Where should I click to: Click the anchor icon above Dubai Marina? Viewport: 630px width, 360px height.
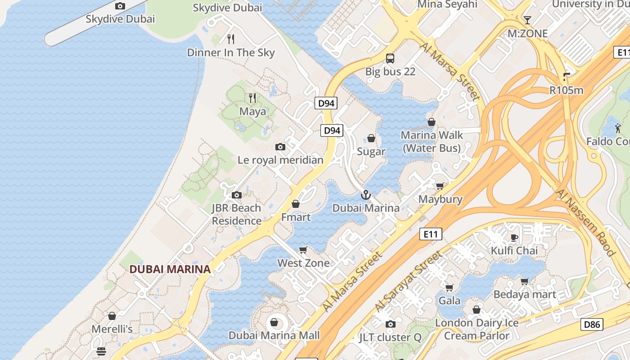366,195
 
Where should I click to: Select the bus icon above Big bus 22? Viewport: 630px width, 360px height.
390,58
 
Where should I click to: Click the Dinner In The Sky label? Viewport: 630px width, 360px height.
230,53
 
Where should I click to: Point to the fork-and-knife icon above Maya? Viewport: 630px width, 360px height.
252,98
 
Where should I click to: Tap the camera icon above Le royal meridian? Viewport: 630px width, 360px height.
280,147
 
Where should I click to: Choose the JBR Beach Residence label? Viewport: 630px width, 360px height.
237,214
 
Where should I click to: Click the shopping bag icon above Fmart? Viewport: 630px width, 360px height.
296,204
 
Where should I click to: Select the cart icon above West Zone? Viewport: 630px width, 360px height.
303,250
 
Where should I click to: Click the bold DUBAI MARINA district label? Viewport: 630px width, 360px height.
170,269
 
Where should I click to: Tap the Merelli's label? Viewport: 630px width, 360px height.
112,329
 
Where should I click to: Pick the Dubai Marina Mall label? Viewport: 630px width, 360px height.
274,335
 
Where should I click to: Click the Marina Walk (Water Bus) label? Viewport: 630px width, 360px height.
432,141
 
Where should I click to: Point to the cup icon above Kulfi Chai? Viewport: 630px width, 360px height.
514,238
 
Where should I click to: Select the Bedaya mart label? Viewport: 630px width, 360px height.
525,294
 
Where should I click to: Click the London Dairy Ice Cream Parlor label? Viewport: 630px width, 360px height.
477,329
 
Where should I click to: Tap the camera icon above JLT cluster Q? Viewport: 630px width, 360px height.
390,324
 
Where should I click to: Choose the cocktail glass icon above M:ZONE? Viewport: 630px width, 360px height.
527,20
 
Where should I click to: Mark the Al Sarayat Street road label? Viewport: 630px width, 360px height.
409,282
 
